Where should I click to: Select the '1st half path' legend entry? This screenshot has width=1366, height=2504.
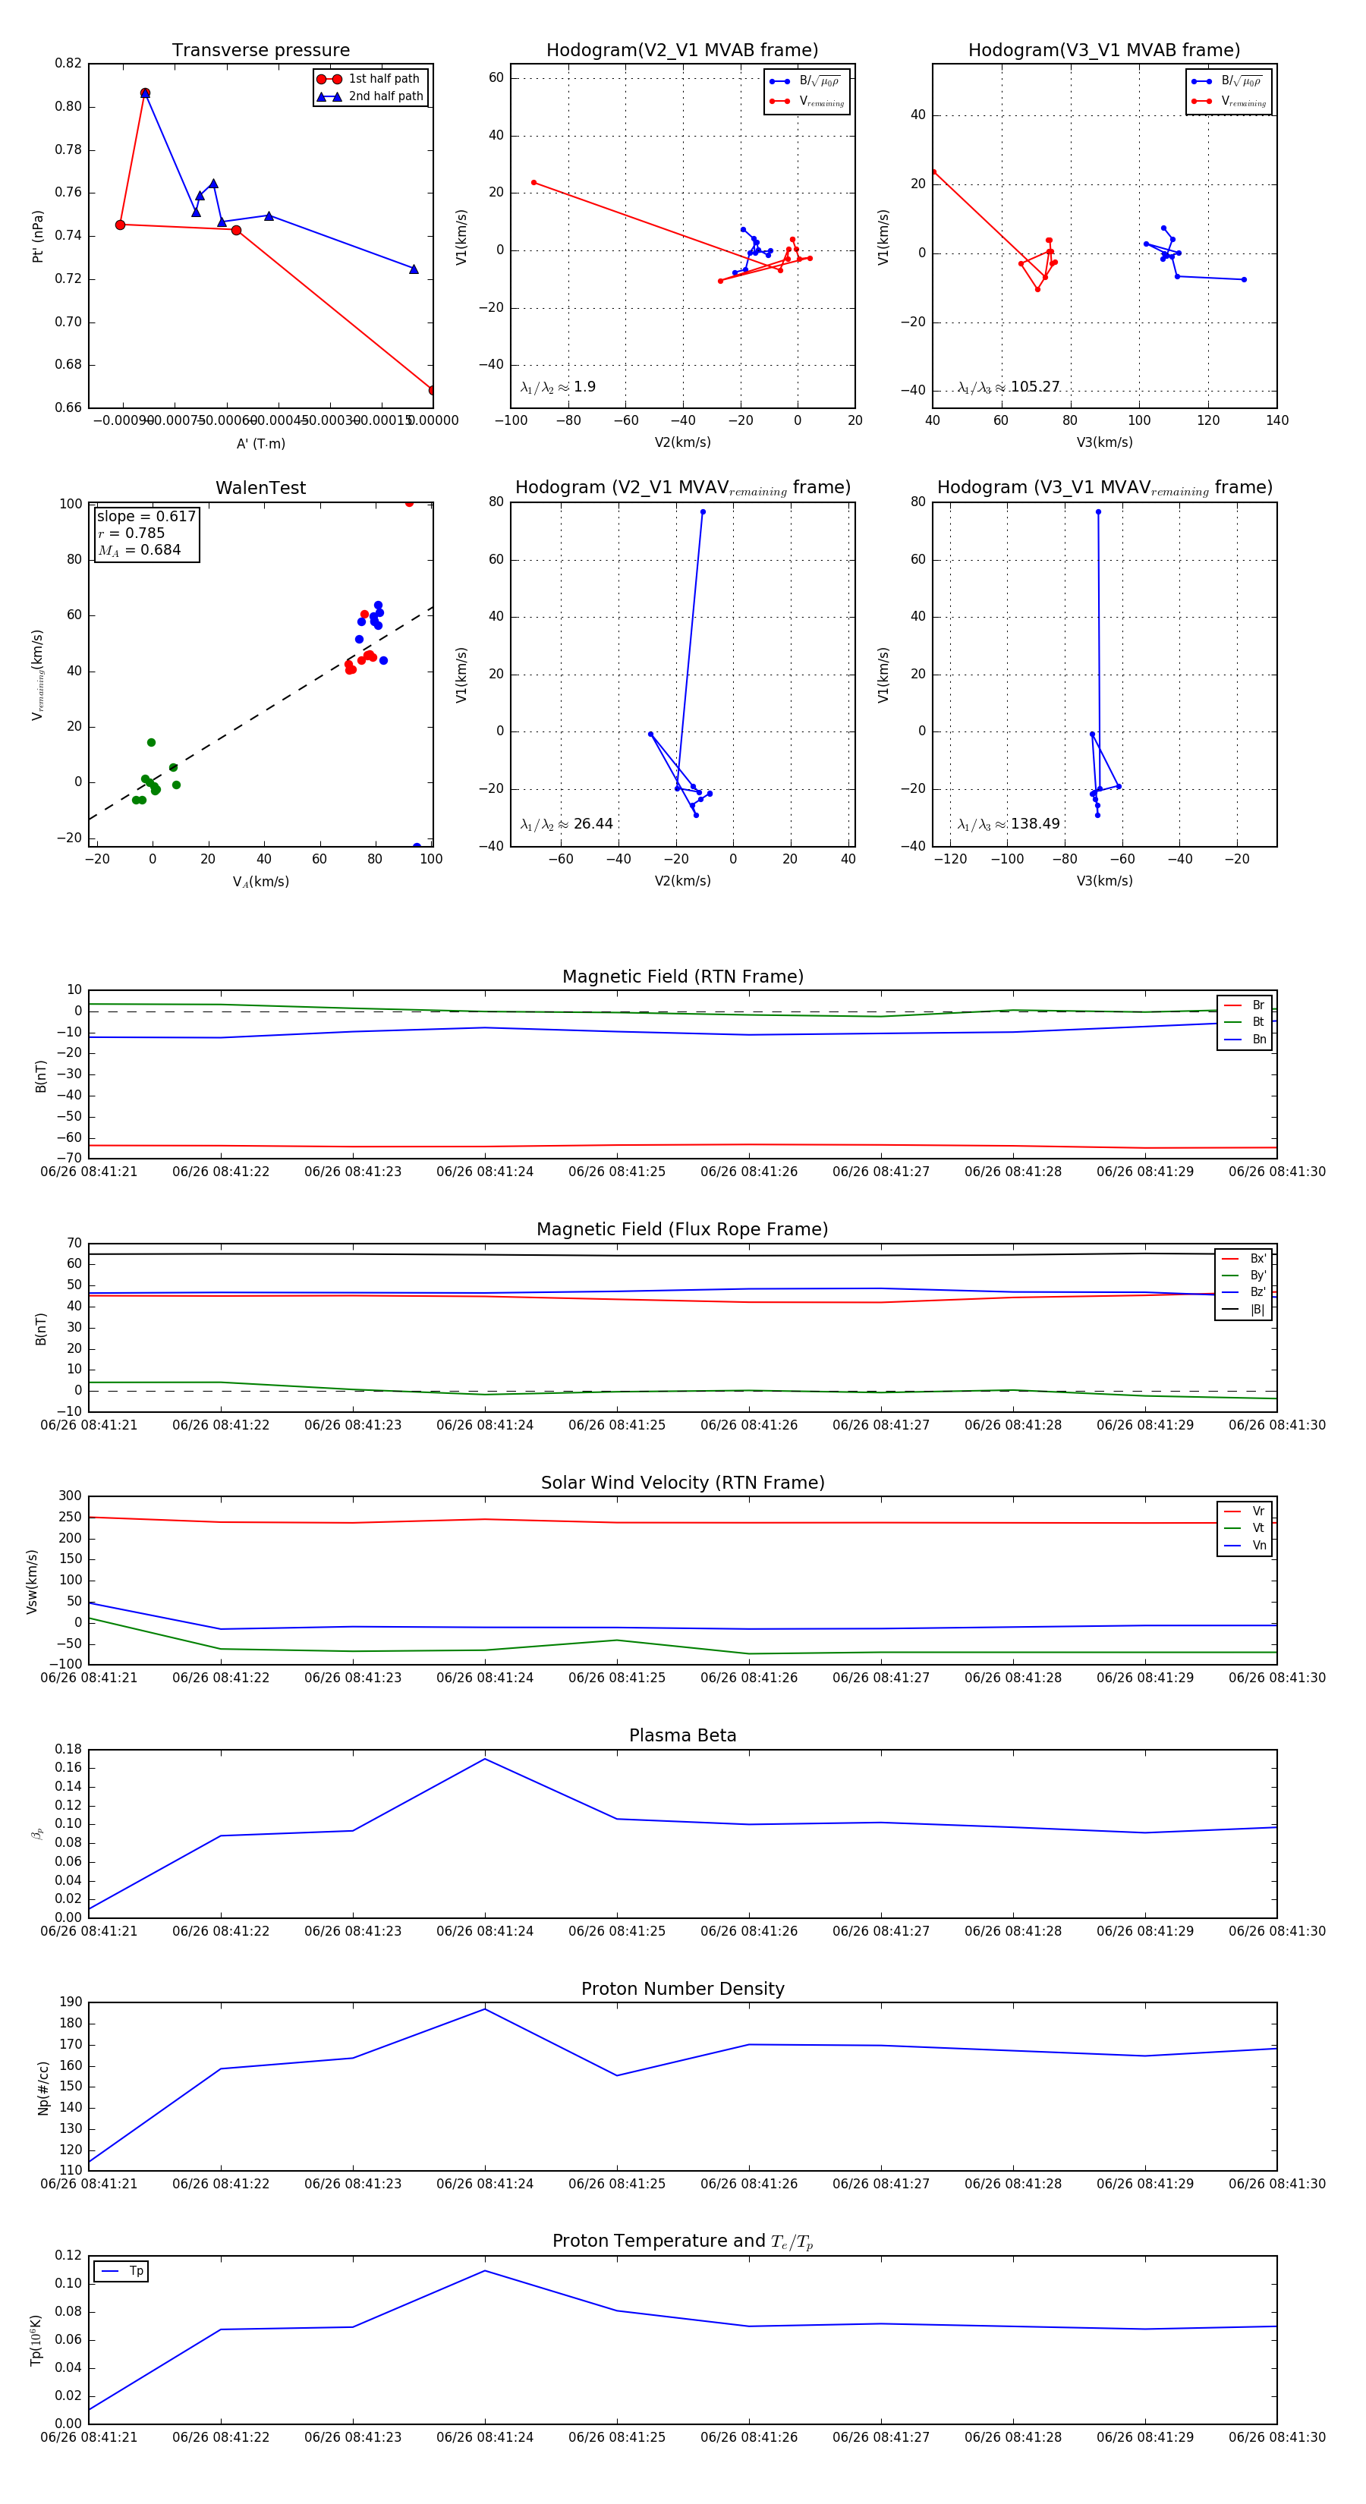(383, 79)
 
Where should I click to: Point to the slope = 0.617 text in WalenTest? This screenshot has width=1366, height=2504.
(146, 516)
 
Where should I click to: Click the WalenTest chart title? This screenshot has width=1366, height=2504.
(260, 488)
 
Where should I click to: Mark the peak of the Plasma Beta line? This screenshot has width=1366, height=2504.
(485, 1758)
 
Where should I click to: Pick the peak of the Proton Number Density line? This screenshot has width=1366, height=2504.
(485, 2009)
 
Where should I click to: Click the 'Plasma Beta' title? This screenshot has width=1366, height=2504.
(682, 1735)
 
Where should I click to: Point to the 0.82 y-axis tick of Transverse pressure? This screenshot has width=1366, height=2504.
(68, 63)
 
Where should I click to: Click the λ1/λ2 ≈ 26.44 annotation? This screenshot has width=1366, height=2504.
(567, 824)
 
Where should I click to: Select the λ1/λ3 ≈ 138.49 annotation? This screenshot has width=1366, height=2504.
(1009, 824)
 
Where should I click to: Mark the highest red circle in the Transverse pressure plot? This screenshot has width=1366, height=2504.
(145, 93)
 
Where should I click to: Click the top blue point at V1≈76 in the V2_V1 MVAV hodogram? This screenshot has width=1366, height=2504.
(703, 512)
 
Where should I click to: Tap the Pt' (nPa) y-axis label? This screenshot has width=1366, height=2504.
(38, 236)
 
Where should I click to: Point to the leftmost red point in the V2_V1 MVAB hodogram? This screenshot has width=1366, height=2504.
(533, 183)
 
